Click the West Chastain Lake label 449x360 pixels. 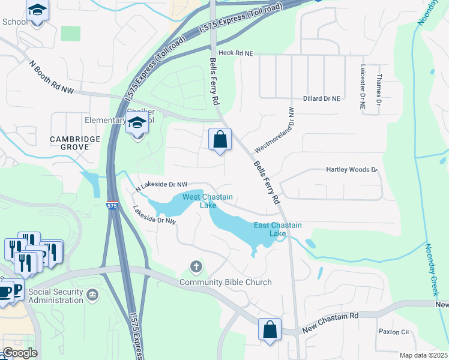point(208,201)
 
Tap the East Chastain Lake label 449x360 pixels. point(277,229)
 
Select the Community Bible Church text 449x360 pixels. point(225,282)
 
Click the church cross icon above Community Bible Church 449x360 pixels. point(195,266)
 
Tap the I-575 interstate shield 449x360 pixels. point(112,205)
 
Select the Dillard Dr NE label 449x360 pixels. point(321,98)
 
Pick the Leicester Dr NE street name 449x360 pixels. point(363,87)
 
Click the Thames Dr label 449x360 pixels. point(379,91)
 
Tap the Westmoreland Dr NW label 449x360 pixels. point(276,130)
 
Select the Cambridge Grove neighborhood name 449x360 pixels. point(75,143)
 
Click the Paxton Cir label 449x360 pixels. point(393,331)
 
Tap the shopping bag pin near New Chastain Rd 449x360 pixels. point(270,329)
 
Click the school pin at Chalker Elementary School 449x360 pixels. point(137,125)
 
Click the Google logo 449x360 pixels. point(19,352)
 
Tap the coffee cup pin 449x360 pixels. point(5,291)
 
